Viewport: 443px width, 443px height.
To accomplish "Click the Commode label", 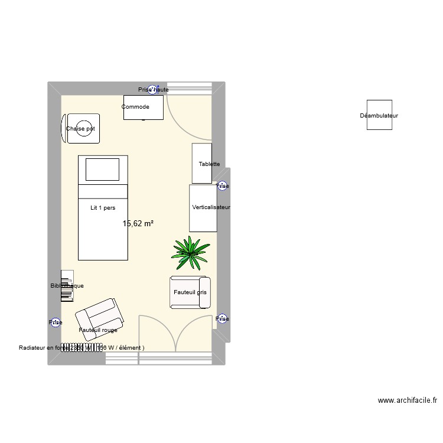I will coord(135,107).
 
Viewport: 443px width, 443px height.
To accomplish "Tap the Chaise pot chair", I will coord(82,128).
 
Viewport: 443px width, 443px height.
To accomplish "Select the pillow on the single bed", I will coord(103,170).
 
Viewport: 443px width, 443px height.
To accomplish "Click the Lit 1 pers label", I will coord(103,208).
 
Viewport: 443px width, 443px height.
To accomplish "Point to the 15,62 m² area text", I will coord(138,224).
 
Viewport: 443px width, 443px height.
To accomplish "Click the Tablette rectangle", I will coord(201,163).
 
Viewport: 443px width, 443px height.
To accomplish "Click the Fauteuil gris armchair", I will coord(190,292).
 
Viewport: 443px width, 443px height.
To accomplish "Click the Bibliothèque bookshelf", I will coord(67,286).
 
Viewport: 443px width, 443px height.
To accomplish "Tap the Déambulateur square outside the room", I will coord(379,115).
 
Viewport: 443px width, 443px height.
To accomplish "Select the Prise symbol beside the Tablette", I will coord(222,186).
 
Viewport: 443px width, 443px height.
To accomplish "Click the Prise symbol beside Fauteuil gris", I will coord(222,319).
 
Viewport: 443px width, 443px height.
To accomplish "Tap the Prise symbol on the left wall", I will coord(55,323).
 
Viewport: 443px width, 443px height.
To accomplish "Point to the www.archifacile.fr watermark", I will coord(408,400).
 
